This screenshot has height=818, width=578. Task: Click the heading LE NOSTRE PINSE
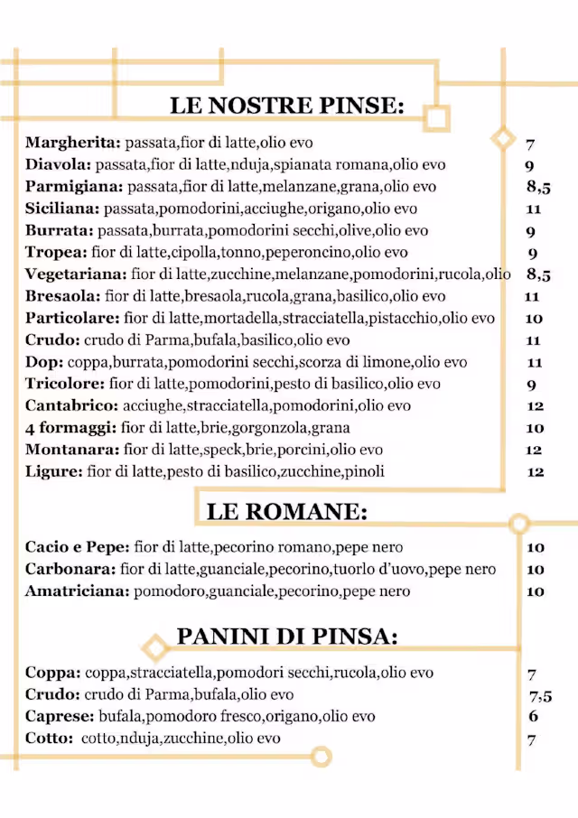286,106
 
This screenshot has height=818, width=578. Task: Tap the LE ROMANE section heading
286,512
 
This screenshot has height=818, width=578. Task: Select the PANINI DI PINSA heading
286,636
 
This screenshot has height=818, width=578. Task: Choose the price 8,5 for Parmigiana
538,187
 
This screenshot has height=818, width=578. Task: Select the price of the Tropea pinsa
532,253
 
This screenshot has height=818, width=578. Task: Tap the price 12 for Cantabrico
534,406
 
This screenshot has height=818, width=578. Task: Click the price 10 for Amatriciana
535,591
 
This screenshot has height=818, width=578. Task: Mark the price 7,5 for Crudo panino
540,695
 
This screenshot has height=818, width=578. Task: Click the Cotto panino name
47,739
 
